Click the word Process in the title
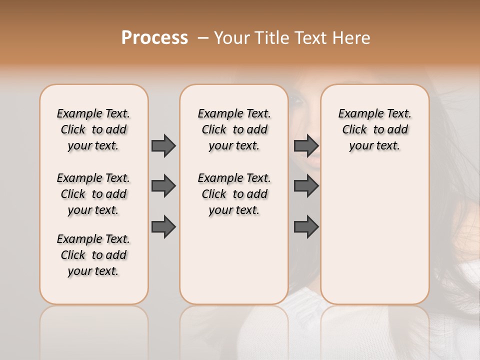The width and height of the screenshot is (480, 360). (x=154, y=38)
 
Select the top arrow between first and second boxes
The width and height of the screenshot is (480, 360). (x=163, y=145)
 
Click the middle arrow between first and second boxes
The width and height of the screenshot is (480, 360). (x=163, y=186)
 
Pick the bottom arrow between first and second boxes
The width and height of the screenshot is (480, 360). (x=163, y=227)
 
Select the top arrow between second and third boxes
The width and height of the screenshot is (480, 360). (x=306, y=145)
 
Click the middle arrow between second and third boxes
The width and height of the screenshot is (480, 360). (x=306, y=186)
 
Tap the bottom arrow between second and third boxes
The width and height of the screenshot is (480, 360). (x=306, y=227)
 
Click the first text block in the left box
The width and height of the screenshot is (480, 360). (x=93, y=129)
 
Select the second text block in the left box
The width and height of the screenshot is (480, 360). (x=93, y=194)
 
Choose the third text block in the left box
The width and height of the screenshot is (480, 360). (x=93, y=255)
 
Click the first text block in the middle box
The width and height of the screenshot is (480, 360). (x=234, y=129)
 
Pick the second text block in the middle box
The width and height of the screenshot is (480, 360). (x=234, y=194)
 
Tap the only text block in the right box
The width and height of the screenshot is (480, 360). (x=374, y=129)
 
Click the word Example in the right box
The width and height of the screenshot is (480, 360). (x=356, y=114)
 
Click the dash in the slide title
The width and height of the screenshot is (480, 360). (x=203, y=38)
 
